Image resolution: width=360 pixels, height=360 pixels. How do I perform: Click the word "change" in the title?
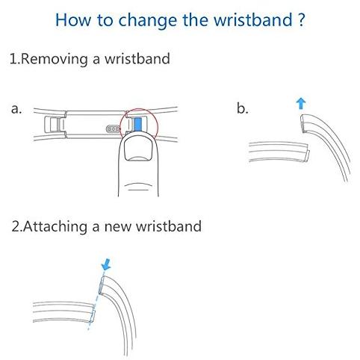(147, 21)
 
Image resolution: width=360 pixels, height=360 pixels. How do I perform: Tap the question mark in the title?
(301, 19)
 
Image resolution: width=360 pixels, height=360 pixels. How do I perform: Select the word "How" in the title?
(73, 19)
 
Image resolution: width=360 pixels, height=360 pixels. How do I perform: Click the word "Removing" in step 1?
(54, 59)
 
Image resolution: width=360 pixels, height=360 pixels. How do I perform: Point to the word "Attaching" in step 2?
(55, 227)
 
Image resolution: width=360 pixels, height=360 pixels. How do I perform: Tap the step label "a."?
(16, 109)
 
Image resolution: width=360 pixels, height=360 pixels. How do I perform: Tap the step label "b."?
(243, 108)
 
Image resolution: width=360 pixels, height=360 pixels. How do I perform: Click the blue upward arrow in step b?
(301, 104)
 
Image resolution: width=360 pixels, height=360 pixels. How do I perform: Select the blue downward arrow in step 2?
(106, 264)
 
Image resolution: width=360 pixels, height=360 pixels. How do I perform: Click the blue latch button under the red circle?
(137, 124)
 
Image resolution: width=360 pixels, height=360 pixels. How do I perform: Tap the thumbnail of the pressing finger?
(138, 149)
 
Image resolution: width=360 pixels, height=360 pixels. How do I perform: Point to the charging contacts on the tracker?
(113, 129)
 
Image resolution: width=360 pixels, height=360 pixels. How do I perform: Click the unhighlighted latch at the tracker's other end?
(55, 125)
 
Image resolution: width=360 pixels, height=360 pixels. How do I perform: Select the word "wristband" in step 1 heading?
(137, 59)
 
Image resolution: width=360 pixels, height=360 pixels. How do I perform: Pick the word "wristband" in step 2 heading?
(169, 226)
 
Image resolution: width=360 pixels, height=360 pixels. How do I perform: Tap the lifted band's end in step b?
(302, 123)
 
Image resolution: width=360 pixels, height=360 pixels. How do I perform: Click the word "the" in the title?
(195, 19)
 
